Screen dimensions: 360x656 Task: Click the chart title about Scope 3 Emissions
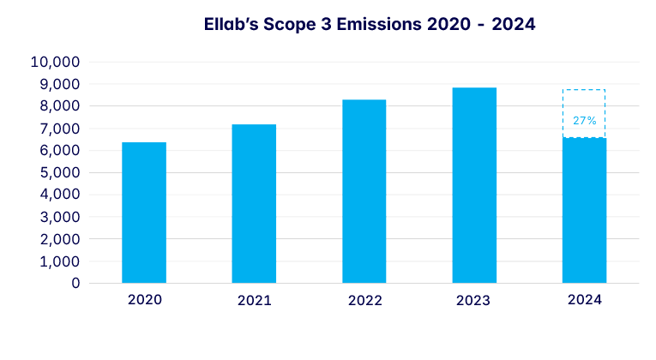(370, 25)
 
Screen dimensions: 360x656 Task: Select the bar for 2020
(144, 213)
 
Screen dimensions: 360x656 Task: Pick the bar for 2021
(254, 204)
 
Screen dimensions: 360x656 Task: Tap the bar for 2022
(364, 191)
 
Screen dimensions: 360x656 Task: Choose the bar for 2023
(474, 185)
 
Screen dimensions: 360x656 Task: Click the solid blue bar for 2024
(584, 210)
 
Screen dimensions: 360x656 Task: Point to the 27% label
(585, 121)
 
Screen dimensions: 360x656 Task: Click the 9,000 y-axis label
(57, 85)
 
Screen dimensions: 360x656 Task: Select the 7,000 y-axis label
(57, 129)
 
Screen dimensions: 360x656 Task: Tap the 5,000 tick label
(57, 173)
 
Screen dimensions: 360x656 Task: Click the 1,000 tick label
(57, 261)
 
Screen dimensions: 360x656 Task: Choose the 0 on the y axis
(76, 283)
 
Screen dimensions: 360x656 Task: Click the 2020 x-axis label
(144, 301)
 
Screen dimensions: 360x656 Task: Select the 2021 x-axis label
(254, 301)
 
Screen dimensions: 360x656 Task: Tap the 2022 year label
(364, 301)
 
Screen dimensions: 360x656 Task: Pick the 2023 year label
(474, 301)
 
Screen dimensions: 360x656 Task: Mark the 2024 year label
(584, 301)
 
